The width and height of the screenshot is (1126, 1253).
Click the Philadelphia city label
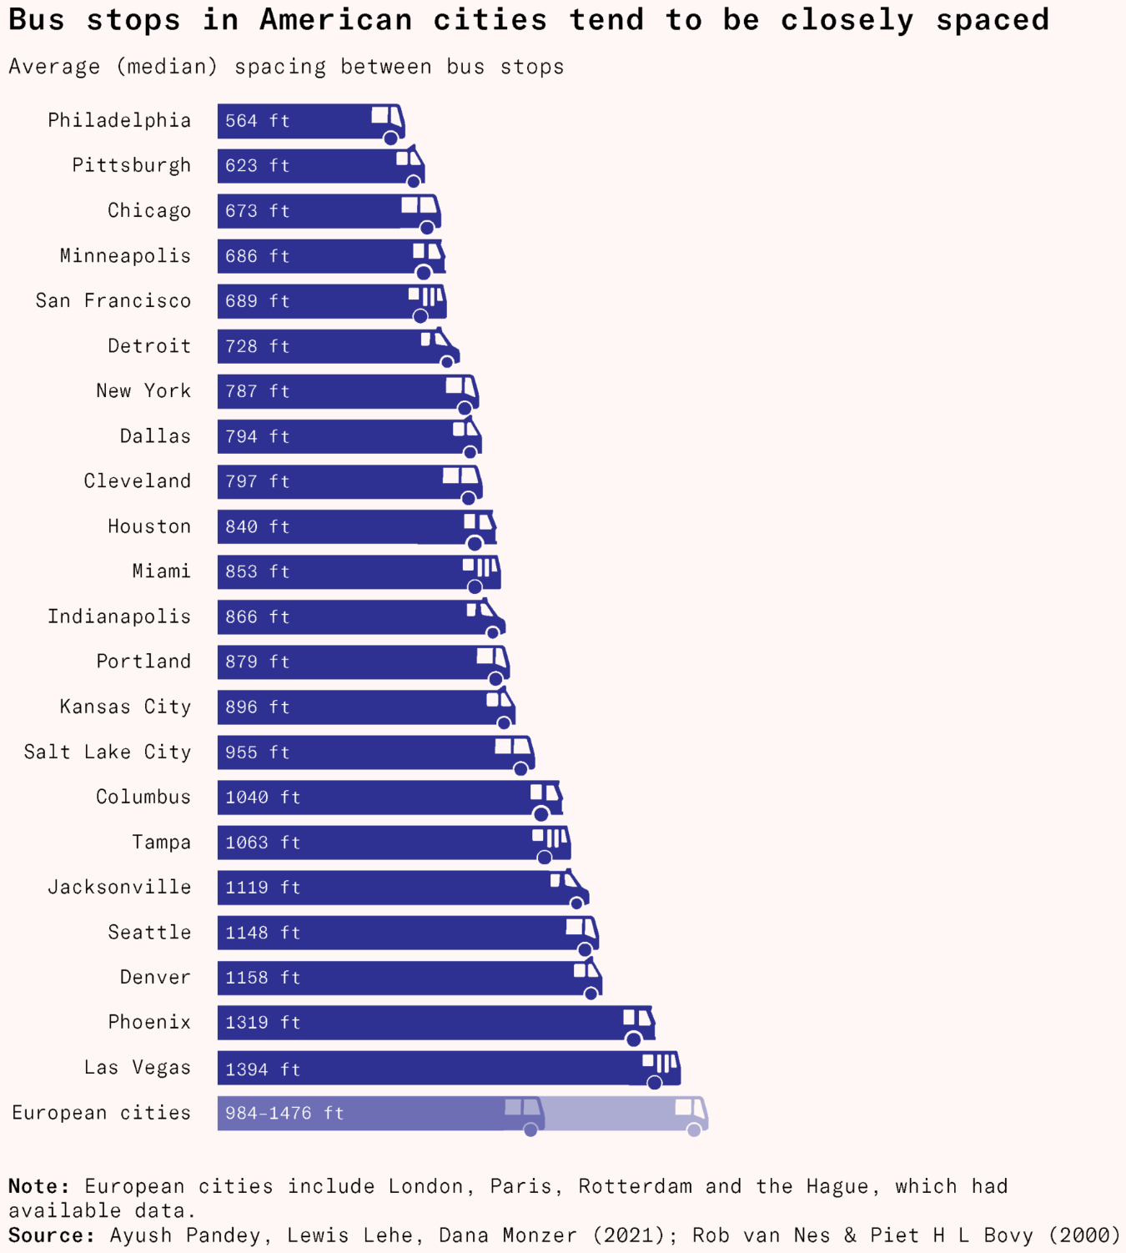pyautogui.click(x=119, y=120)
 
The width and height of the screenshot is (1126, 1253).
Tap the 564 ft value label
pyautogui.click(x=257, y=121)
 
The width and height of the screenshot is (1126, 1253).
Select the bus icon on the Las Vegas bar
pyautogui.click(x=661, y=1069)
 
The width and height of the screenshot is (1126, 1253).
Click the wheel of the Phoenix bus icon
pyautogui.click(x=634, y=1039)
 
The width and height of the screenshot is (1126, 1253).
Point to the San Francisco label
pyautogui.click(x=113, y=300)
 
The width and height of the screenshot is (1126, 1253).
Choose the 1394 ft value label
pyautogui.click(x=262, y=1069)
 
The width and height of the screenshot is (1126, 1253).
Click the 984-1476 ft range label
pyautogui.click(x=284, y=1113)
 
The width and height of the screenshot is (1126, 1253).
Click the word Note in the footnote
pyautogui.click(x=38, y=1186)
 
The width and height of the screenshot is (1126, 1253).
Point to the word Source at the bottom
pyautogui.click(x=51, y=1235)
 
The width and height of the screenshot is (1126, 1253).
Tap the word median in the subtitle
pyautogui.click(x=168, y=67)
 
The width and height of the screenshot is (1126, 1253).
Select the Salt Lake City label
pyautogui.click(x=108, y=752)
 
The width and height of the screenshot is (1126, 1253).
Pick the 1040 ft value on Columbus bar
pyautogui.click(x=262, y=798)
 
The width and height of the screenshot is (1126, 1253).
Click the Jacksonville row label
pyautogui.click(x=119, y=887)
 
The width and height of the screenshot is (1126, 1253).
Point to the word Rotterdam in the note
pyautogui.click(x=635, y=1186)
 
